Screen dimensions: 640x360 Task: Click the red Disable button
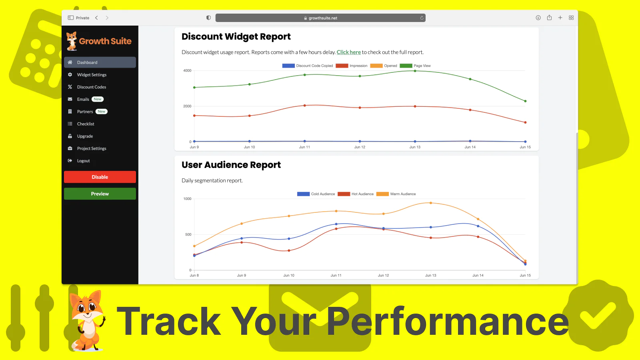tap(100, 177)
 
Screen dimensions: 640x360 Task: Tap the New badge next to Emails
tap(98, 99)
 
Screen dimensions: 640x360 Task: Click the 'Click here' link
tap(348, 52)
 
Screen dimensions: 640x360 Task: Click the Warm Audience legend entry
tap(396, 194)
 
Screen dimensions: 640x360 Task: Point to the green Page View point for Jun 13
tap(415, 71)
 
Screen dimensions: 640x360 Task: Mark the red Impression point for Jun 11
tap(304, 106)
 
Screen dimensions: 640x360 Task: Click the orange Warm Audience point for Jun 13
tap(431, 203)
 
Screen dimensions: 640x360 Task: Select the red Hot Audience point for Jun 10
tap(289, 250)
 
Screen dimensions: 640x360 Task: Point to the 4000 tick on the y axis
tap(187, 70)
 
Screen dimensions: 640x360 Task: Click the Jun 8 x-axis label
tap(194, 276)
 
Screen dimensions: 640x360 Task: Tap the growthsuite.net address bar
tap(320, 18)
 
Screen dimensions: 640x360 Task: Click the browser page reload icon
tap(422, 18)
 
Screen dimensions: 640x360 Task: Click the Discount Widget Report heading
tap(236, 36)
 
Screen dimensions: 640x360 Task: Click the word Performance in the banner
tap(448, 321)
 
